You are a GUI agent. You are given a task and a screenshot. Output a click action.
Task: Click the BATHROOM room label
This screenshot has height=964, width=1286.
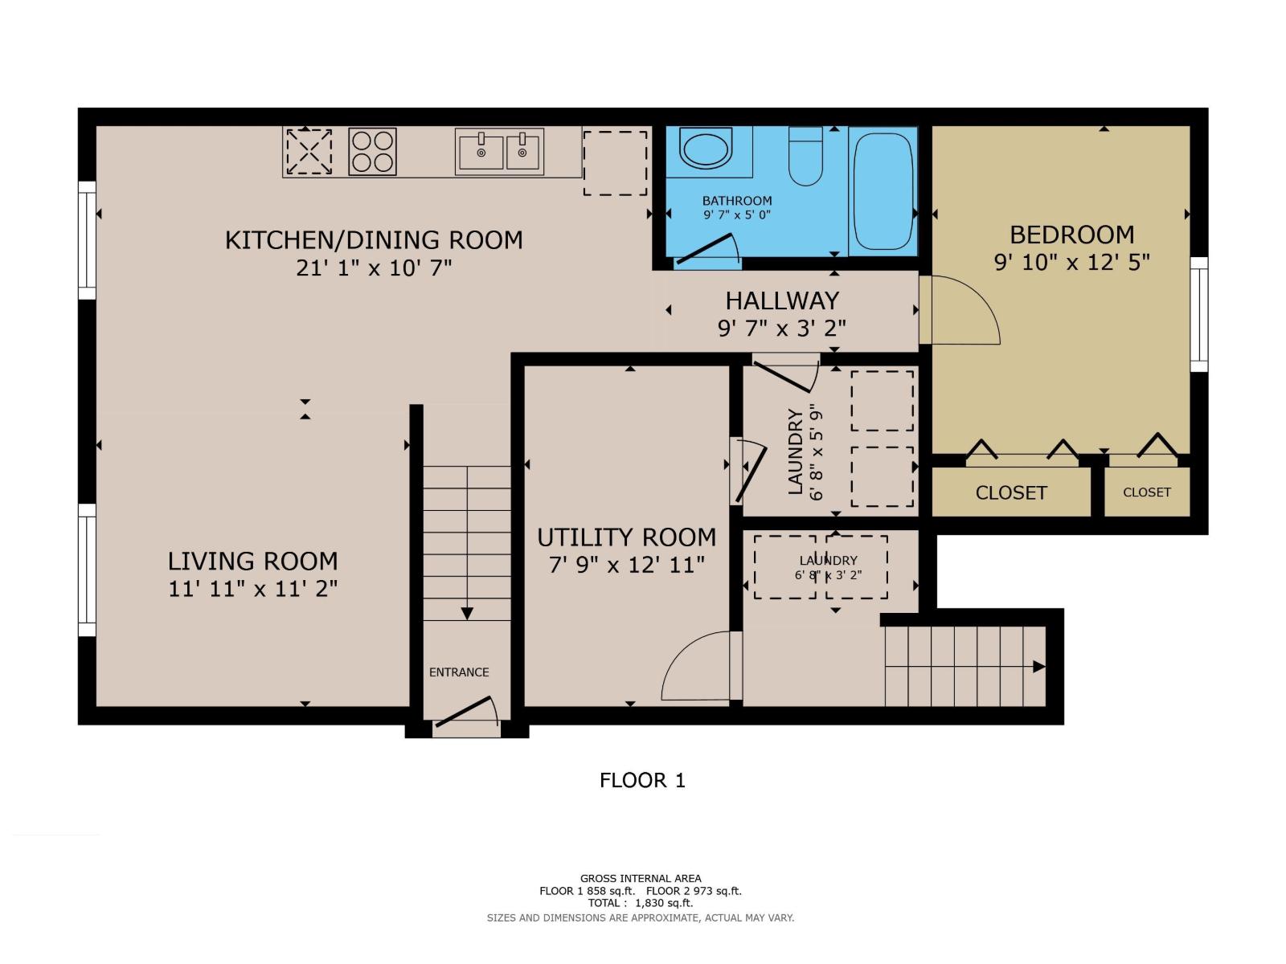coord(736,201)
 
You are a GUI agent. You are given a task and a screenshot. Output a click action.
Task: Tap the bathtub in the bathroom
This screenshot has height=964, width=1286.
coord(883,191)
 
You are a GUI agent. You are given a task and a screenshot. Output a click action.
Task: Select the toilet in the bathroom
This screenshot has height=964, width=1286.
coord(805,156)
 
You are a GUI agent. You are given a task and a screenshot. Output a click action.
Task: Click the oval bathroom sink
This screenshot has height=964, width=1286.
coord(706,149)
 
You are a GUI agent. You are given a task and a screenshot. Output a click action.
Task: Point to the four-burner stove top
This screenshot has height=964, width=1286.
coord(372,152)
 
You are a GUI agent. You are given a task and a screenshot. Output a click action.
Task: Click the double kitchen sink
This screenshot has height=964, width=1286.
coord(499,151)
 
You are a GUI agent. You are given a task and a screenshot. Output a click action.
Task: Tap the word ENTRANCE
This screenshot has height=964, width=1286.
coord(459,672)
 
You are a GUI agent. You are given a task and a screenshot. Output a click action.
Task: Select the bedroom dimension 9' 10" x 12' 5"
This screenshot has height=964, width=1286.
coord(1071,263)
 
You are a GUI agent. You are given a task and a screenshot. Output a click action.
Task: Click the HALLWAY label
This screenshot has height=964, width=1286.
coord(782,300)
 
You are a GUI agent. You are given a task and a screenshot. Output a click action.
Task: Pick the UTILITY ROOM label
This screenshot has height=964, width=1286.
coord(626,537)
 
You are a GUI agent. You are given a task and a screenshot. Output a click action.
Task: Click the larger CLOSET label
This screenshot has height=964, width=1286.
coord(1010,492)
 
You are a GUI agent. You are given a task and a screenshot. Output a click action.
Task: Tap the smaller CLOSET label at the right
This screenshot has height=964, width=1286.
coord(1146,492)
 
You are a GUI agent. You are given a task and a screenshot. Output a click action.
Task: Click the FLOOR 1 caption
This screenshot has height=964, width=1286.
coord(642,780)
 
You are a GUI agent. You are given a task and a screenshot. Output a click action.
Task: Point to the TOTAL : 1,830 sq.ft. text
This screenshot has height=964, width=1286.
coord(640,903)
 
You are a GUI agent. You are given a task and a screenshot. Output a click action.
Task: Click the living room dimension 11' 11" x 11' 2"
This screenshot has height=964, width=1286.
coord(252,589)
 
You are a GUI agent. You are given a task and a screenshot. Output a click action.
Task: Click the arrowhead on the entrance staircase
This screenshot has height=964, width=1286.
coord(467,614)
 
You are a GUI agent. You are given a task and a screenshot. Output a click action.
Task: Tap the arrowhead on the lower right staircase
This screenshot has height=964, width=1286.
coord(1038,667)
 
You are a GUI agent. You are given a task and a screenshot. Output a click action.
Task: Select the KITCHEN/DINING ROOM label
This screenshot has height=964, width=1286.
coord(374,240)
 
